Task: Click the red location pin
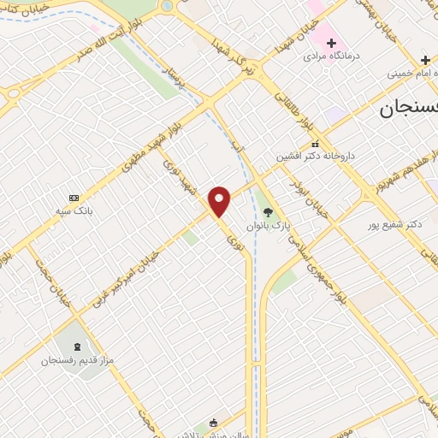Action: pos(220,201)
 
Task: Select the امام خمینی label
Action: pos(413,74)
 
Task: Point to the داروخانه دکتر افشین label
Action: pos(314,157)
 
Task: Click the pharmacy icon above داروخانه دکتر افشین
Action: pos(315,144)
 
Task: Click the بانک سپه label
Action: pos(74,210)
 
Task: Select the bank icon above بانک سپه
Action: pos(74,198)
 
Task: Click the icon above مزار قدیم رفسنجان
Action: pos(79,346)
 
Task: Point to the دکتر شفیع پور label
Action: pos(395,224)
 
